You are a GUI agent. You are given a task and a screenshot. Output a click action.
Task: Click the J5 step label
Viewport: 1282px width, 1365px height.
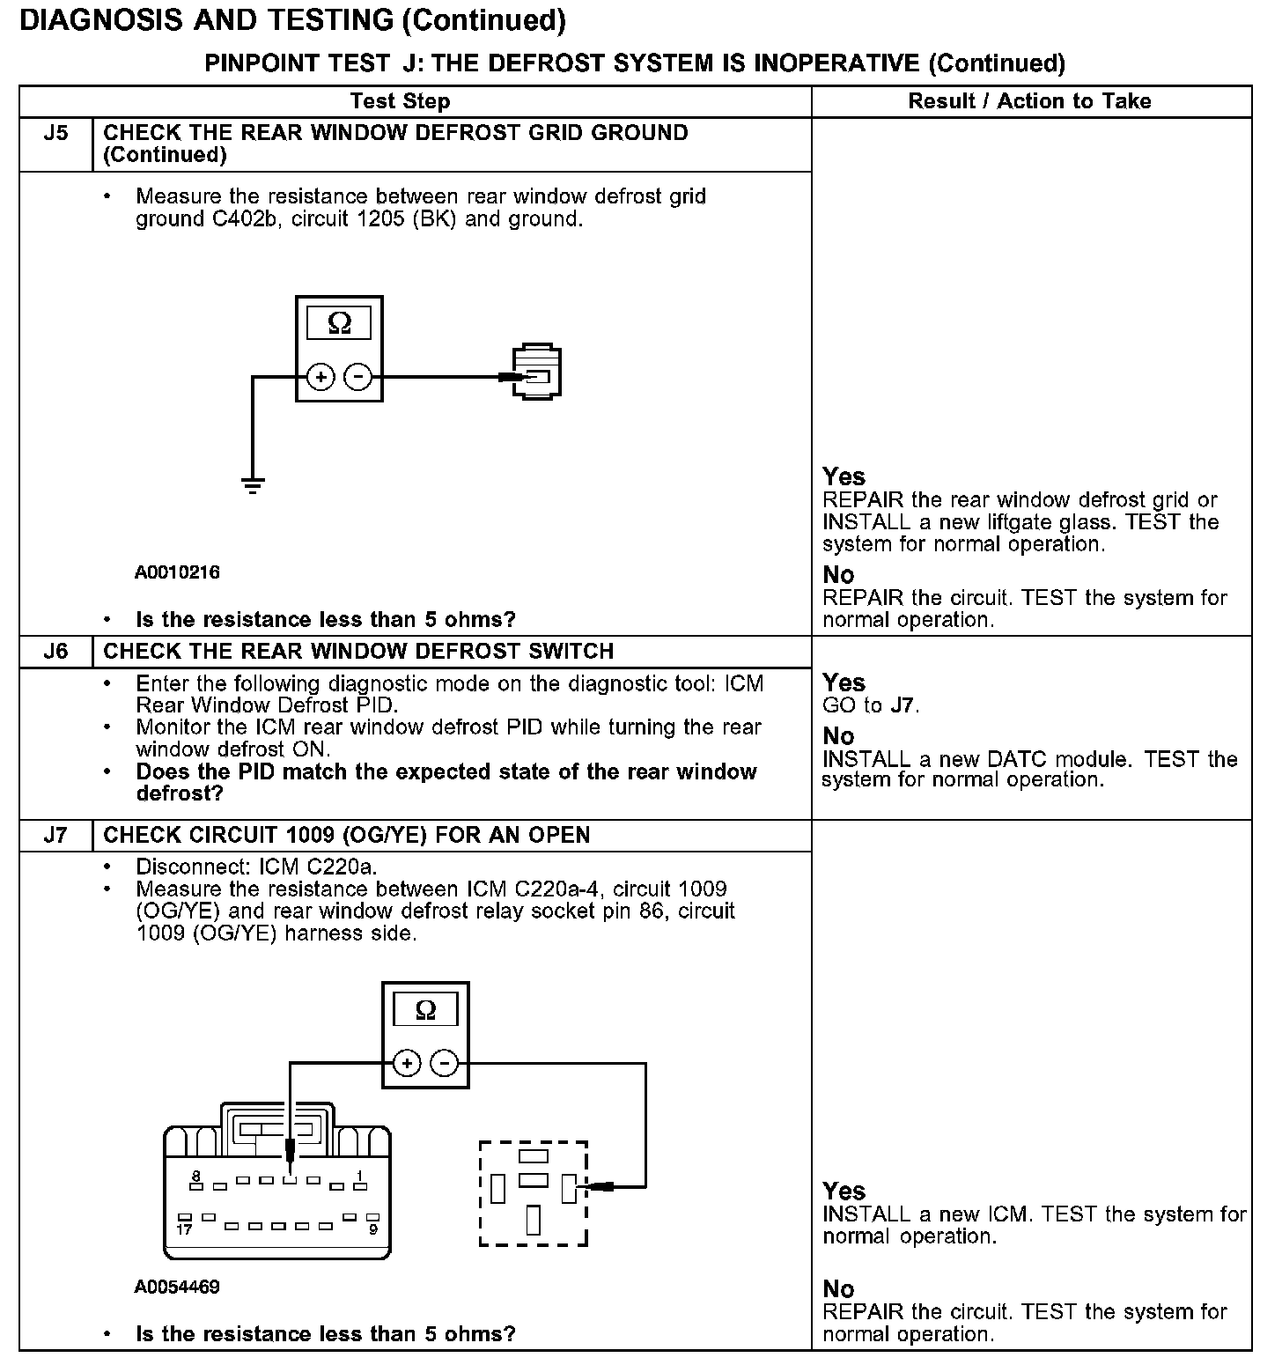click(55, 134)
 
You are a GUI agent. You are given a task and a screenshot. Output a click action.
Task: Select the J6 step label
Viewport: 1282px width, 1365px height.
click(55, 652)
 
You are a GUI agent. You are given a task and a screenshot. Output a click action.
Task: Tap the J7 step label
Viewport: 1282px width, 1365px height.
click(55, 835)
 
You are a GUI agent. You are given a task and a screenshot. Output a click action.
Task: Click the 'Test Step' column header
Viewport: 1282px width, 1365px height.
click(400, 101)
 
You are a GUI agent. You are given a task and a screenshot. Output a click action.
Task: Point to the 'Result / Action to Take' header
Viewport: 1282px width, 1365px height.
click(1029, 101)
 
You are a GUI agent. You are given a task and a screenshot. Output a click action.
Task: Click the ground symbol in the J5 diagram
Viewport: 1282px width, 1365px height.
click(253, 484)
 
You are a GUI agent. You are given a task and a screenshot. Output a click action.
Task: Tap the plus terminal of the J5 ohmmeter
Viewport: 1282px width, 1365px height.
click(320, 378)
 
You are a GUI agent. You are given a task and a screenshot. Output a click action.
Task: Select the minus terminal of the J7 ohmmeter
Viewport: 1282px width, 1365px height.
click(445, 1064)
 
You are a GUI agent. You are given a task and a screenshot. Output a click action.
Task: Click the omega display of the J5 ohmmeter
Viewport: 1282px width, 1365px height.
click(339, 324)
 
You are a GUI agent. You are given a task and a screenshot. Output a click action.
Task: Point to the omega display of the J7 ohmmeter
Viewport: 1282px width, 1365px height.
click(425, 1010)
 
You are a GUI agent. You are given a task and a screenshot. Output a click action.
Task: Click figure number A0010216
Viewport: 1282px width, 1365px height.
click(177, 572)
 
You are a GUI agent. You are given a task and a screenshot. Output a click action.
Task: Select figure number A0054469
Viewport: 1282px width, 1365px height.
click(177, 1287)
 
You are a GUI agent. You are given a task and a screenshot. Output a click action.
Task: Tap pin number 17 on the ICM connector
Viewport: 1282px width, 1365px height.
click(183, 1228)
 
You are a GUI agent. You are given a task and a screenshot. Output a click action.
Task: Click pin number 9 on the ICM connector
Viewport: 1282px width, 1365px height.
click(373, 1228)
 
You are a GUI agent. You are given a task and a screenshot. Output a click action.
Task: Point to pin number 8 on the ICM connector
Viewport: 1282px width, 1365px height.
click(195, 1176)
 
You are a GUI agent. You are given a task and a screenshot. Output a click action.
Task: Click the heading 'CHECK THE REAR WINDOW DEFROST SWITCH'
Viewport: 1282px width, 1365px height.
click(358, 652)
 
